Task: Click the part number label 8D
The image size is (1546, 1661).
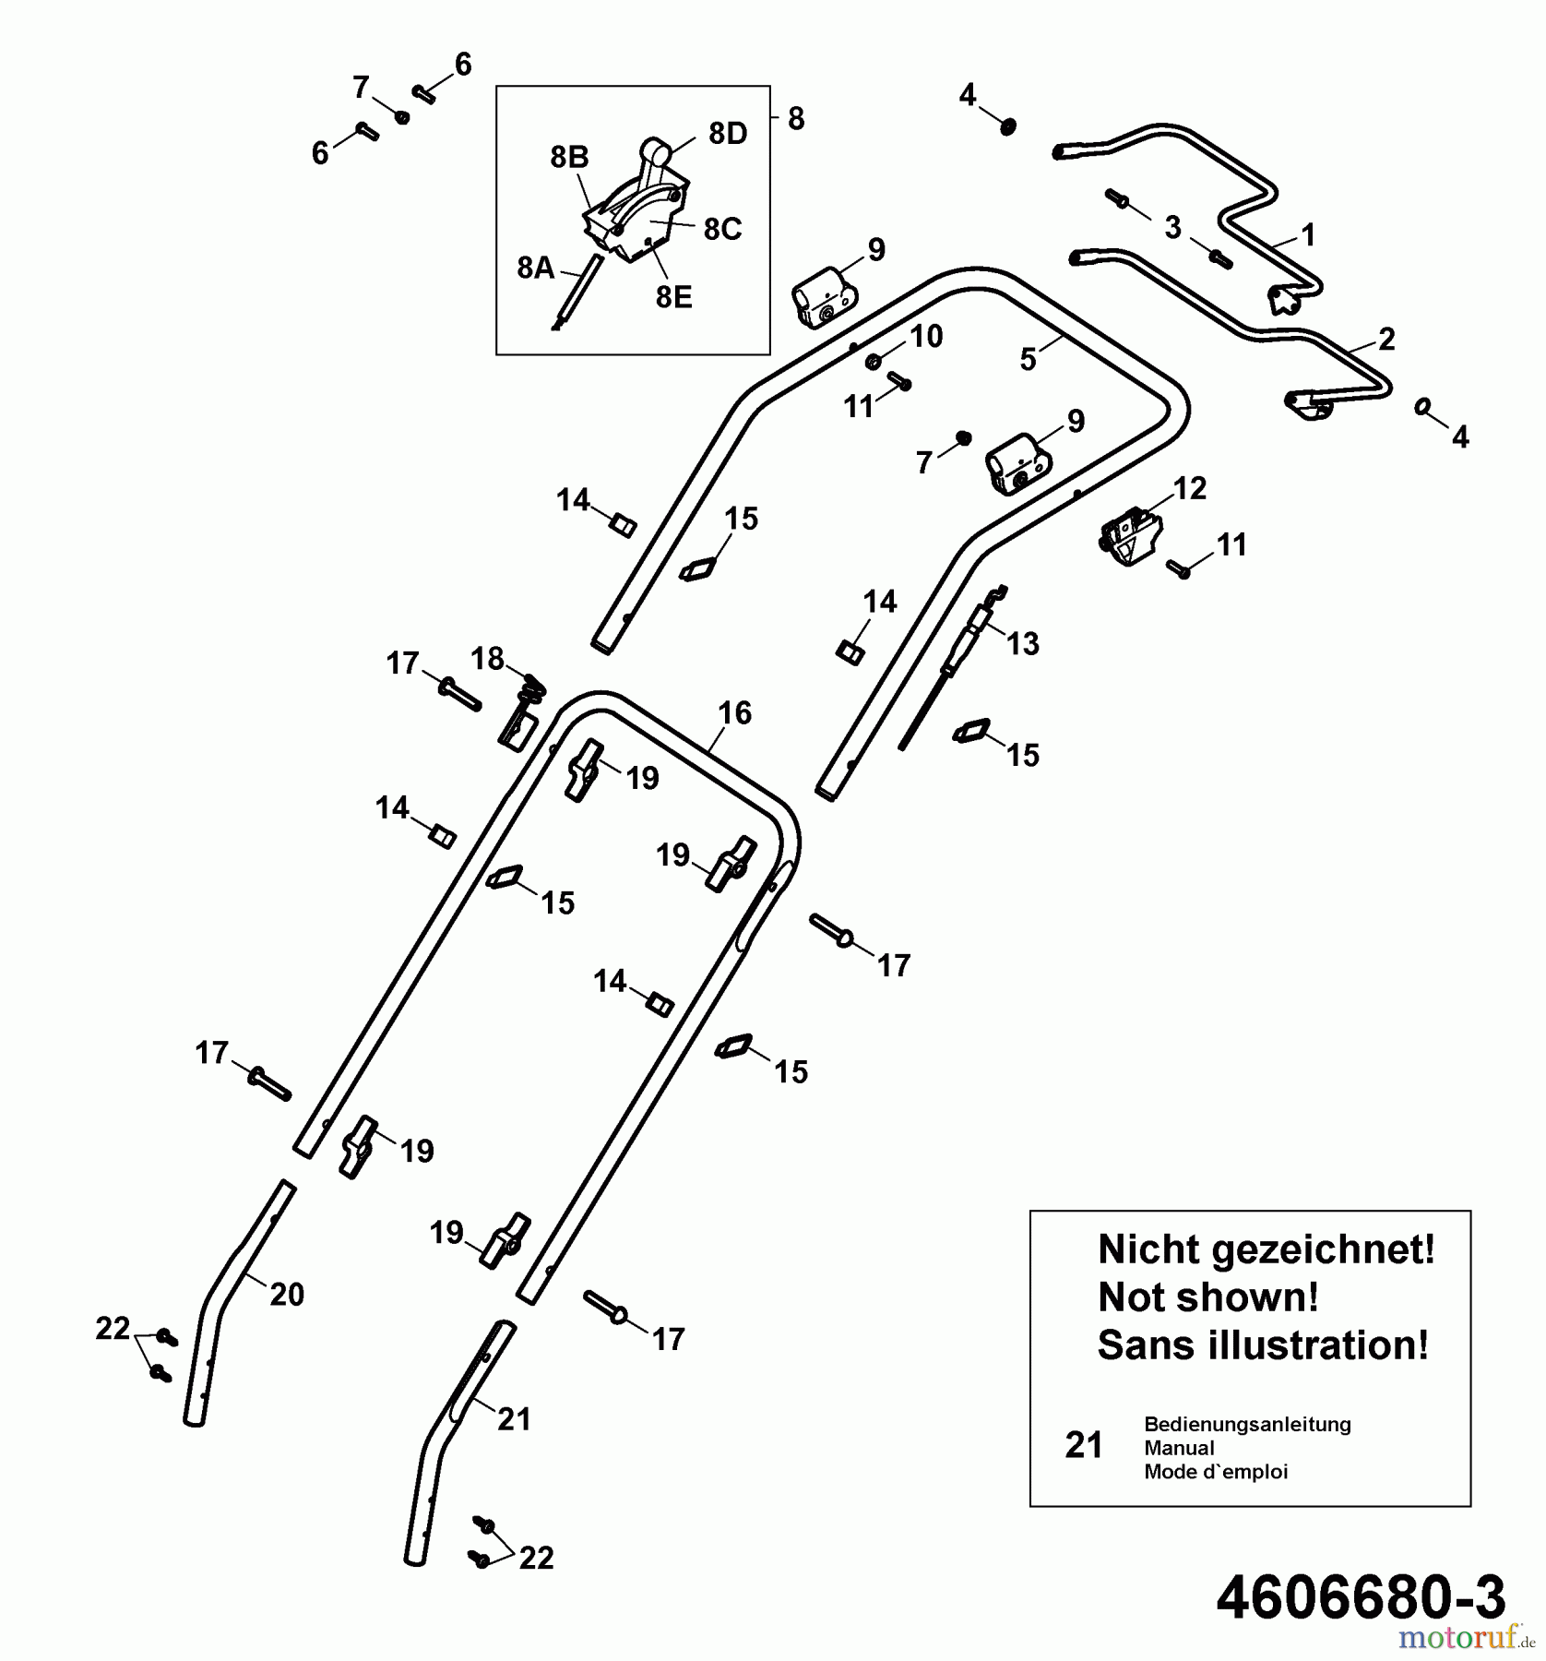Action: point(727,134)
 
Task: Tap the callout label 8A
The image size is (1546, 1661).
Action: point(536,269)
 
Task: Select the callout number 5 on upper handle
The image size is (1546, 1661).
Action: point(1029,359)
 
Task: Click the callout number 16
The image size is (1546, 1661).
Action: point(734,712)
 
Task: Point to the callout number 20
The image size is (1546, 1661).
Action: point(286,1295)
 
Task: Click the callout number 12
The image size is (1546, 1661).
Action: point(1189,488)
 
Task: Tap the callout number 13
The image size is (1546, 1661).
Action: point(1022,643)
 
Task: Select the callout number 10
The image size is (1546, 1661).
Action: point(926,337)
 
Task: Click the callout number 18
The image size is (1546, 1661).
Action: point(487,659)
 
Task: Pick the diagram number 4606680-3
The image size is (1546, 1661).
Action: point(1361,1596)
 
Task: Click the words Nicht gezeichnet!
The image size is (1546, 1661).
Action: point(1266,1250)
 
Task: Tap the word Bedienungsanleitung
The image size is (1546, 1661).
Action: point(1247,1424)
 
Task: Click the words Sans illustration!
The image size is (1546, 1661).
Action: point(1263,1345)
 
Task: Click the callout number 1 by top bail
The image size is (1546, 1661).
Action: point(1307,235)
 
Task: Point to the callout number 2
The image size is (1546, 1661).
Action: point(1386,339)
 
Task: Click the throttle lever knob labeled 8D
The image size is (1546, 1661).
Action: point(654,149)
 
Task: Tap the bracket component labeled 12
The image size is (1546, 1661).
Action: point(1129,538)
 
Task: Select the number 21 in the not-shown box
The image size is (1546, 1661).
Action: point(1084,1445)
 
